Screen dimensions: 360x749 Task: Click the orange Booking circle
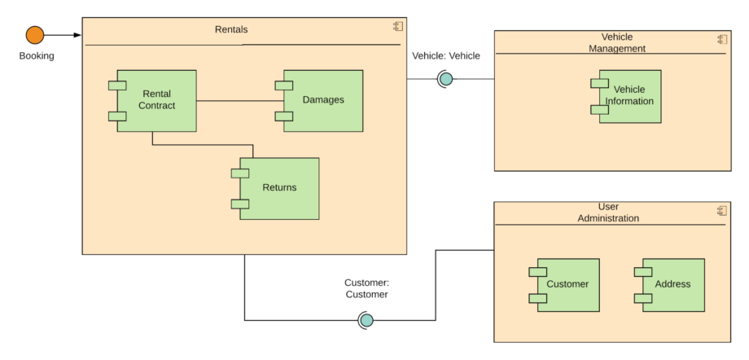coord(34,35)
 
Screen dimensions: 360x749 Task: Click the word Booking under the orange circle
coord(37,56)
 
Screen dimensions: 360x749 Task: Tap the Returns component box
coord(278,188)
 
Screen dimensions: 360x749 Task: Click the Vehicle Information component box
coord(630,96)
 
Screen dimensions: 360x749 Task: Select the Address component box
coord(672,284)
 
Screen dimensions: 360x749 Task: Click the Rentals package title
coord(231,29)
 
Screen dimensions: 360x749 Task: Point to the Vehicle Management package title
coord(616,42)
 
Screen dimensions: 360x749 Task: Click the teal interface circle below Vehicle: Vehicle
coord(445,79)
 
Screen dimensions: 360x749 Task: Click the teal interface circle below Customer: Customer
coord(366,320)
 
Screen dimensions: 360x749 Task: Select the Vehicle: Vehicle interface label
coord(446,56)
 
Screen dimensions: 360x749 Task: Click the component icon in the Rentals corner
coord(397,27)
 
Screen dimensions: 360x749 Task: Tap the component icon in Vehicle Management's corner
coord(721,39)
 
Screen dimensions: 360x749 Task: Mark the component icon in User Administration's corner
coord(721,210)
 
